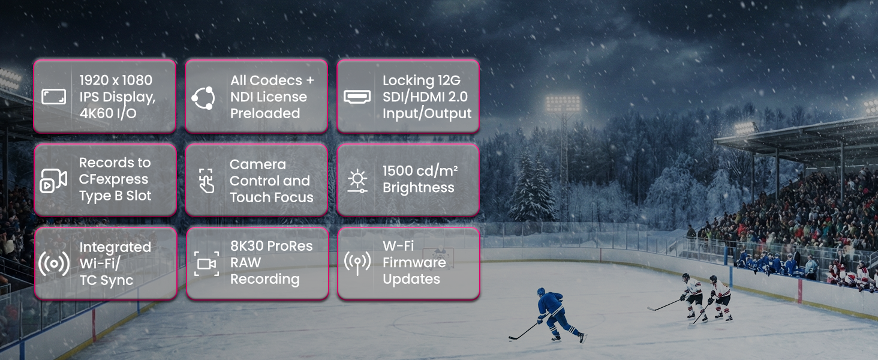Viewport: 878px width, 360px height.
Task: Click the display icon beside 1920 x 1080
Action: pos(54,97)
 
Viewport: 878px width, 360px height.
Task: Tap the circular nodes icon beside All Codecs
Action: pos(203,98)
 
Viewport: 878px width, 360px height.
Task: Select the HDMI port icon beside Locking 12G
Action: pos(357,97)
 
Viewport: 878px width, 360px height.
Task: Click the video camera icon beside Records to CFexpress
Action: pos(53,181)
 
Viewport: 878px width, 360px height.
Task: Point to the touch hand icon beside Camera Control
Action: pos(206,181)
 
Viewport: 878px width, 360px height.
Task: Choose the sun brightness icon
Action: pos(357,181)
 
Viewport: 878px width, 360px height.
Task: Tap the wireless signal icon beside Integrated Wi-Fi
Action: pos(54,263)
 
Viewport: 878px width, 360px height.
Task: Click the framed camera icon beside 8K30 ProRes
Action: pos(206,264)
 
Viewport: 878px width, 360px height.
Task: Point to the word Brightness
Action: pos(419,188)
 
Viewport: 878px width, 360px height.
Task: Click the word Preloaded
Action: pos(265,113)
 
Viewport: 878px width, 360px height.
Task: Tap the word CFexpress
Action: pos(114,179)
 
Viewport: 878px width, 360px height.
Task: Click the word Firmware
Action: pos(414,262)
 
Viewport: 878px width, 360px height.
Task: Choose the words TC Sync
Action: pos(107,280)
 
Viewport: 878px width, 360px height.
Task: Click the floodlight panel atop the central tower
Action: pos(563,103)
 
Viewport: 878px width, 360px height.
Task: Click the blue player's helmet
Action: pos(542,292)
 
